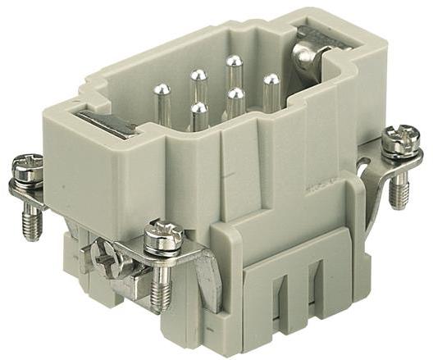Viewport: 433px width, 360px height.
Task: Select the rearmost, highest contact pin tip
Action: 235,62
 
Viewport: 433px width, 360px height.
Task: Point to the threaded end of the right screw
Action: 399,191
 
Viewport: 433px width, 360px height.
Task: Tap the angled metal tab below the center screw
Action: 205,279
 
